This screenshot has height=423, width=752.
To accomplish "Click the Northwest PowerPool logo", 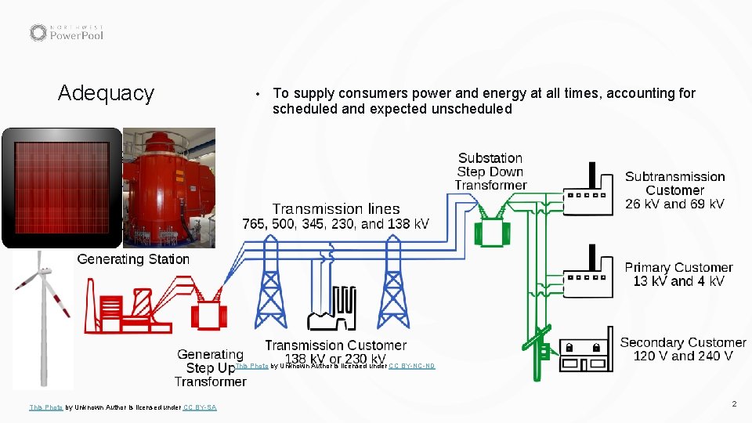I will [67, 32].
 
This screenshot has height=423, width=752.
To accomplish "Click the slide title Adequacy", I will [106, 93].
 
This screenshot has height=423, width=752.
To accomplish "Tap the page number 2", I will [734, 403].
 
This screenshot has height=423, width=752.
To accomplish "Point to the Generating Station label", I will [133, 259].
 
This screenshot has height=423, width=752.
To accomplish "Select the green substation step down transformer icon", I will [490, 227].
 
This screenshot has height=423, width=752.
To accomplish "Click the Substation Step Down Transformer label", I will [490, 172].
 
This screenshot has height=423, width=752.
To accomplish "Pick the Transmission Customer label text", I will [335, 345].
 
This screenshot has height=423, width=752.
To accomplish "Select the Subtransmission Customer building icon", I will [587, 196].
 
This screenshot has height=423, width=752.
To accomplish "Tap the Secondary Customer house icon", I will [584, 352].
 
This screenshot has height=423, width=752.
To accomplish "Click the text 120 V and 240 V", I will [682, 356].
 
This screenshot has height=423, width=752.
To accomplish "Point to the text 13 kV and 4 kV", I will [678, 281].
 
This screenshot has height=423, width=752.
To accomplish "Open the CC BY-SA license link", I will [200, 407].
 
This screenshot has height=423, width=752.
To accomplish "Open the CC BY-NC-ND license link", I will [411, 366].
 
